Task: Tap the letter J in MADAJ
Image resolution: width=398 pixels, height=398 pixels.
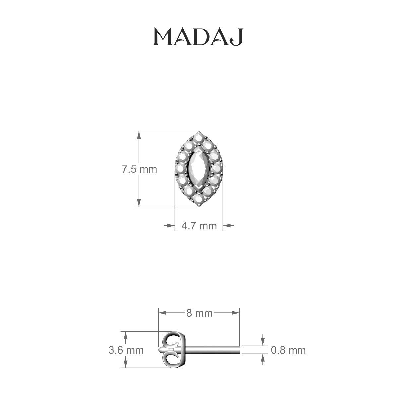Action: coord(237,37)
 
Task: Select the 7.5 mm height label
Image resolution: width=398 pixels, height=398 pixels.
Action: coord(139,169)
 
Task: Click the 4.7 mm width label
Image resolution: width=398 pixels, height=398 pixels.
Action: coord(199,226)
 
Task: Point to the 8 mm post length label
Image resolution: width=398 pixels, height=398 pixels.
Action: coord(199,313)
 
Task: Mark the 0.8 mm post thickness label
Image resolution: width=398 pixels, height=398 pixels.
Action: coord(288,350)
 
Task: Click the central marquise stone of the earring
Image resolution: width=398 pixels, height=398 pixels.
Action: coord(198,169)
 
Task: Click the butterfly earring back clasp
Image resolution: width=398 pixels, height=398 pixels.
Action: coord(173,350)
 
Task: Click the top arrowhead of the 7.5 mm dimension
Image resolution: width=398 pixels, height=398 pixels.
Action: coord(139,134)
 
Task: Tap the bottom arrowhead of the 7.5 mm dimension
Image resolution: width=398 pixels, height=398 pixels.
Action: coord(139,203)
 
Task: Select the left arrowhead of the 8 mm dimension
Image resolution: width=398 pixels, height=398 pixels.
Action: coord(162,312)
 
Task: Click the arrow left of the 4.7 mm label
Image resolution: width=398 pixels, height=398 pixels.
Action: coord(170,226)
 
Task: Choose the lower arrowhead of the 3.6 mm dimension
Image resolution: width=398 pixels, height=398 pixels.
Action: coord(125,364)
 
